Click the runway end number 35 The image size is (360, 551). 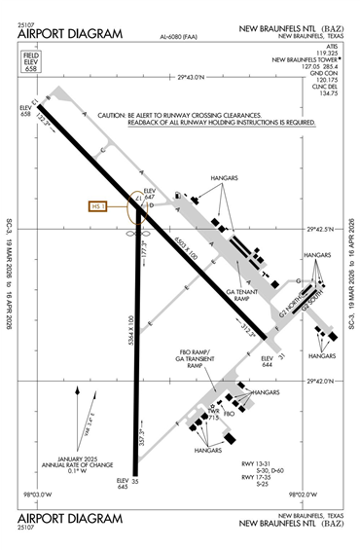tap(136, 481)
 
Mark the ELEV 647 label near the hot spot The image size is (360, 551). tap(150, 192)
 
